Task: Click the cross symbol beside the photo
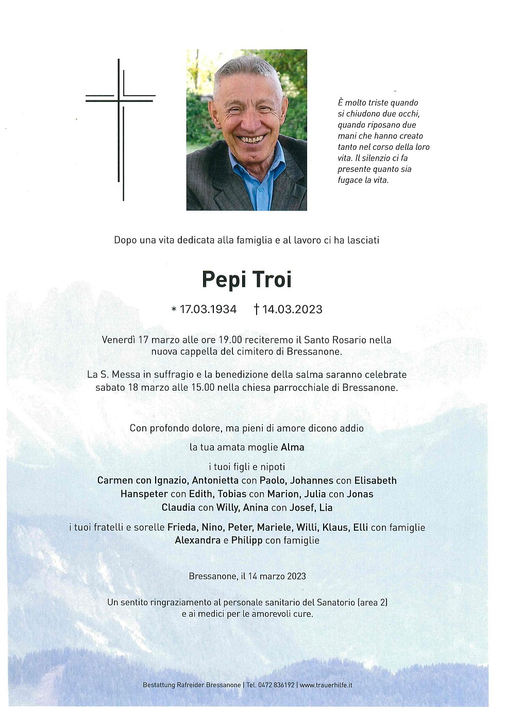click(121, 129)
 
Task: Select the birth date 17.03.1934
click(208, 309)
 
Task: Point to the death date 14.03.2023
click(292, 309)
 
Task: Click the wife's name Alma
click(292, 447)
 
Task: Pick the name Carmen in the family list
click(115, 481)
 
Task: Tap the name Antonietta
click(215, 481)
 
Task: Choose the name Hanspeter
click(144, 494)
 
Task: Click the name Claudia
click(178, 508)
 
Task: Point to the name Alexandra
click(197, 540)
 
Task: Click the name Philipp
click(247, 540)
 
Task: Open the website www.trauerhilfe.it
click(326, 685)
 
